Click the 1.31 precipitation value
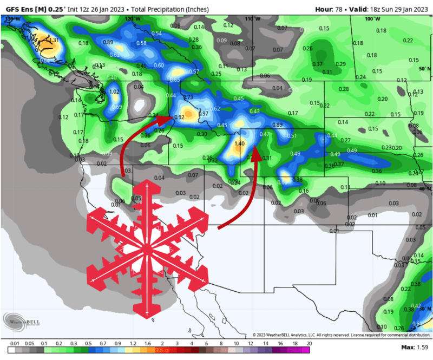click(x=53, y=40)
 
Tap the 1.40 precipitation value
click(x=240, y=144)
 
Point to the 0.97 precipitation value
click(x=204, y=114)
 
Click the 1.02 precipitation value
click(x=114, y=92)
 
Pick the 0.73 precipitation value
click(x=188, y=97)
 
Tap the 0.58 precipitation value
click(x=141, y=43)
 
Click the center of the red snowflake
click(x=146, y=248)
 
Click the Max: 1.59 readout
click(x=415, y=346)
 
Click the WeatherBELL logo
click(x=22, y=321)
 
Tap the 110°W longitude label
click(x=250, y=19)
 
